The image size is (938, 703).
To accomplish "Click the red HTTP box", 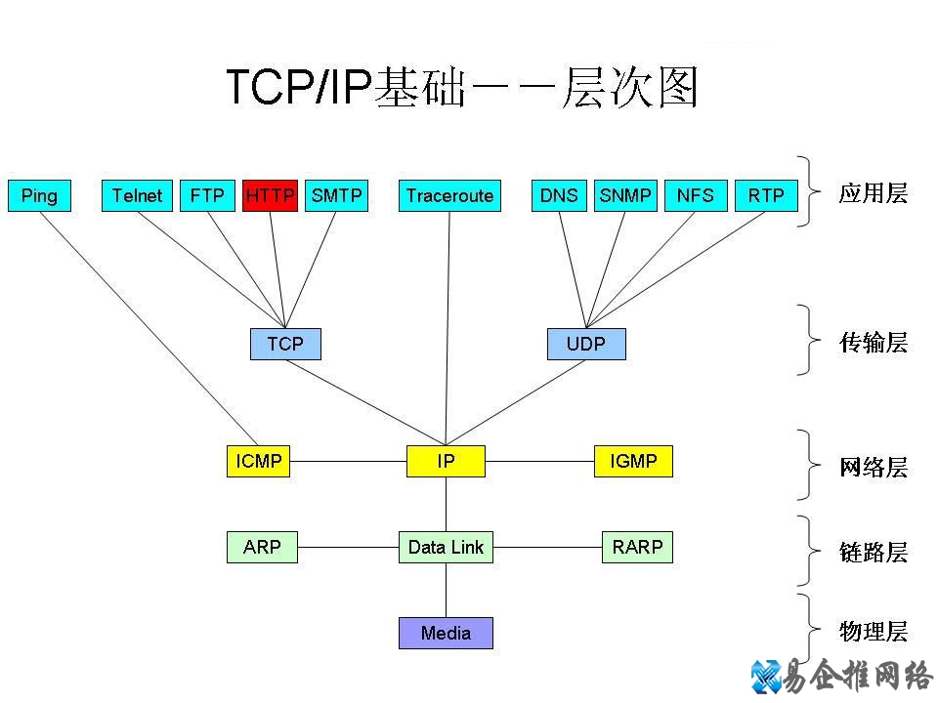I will click(270, 195).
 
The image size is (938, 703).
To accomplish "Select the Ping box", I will click(39, 195).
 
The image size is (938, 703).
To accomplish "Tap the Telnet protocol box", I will click(137, 195).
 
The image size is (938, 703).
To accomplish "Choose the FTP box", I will click(207, 195).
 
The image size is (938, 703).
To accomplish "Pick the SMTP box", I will click(336, 195).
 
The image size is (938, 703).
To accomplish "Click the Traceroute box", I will click(449, 195).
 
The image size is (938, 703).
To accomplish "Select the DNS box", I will click(559, 195).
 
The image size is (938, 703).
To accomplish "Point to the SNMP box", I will click(625, 195).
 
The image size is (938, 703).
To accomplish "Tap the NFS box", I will click(696, 195).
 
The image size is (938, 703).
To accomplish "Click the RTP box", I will click(766, 195).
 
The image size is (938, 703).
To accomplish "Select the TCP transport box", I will click(285, 344).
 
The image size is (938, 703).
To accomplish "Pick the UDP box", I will click(586, 344).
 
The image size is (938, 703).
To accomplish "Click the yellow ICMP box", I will click(259, 461).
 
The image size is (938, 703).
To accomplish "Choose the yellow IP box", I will click(446, 461).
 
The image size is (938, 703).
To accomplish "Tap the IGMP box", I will click(633, 461).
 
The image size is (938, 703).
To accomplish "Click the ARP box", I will click(262, 548).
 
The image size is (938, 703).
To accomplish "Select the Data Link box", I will click(446, 548).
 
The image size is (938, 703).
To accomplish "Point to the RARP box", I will click(637, 548).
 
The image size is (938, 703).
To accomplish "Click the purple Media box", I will click(446, 633).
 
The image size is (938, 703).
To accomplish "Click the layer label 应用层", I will click(873, 193).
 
